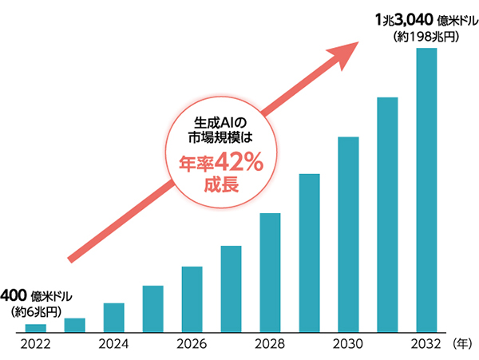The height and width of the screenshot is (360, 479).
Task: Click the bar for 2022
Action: [36, 327]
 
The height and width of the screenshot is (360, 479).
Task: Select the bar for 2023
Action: [75, 324]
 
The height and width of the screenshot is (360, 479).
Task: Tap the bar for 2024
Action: [114, 317]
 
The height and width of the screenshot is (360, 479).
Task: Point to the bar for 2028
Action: [271, 272]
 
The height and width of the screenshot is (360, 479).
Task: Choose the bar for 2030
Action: [349, 234]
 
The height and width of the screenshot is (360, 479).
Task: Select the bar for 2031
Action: [388, 214]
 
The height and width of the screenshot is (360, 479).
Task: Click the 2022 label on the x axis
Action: [36, 345]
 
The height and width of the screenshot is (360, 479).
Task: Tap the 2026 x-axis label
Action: [192, 345]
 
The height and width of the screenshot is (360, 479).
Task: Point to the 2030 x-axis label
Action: [349, 345]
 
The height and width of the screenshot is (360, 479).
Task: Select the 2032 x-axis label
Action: [427, 345]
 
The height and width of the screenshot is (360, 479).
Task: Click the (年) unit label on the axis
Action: [463, 345]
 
